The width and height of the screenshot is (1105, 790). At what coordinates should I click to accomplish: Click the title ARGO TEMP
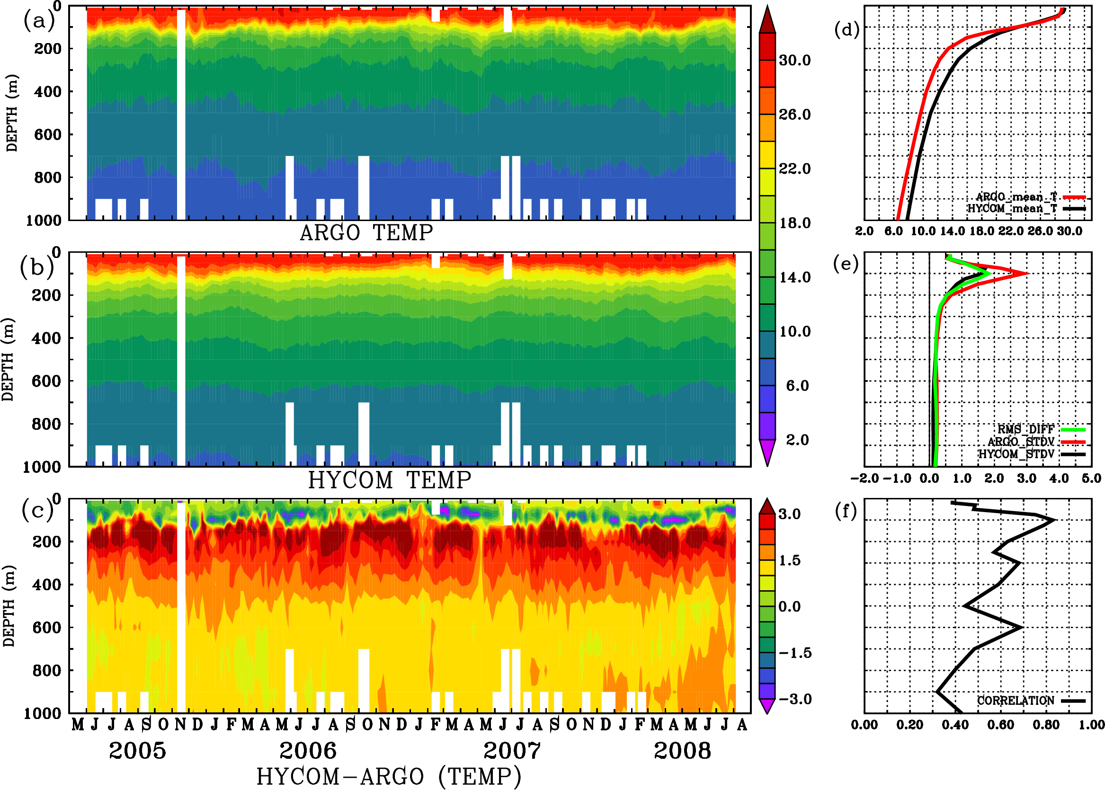pyautogui.click(x=366, y=233)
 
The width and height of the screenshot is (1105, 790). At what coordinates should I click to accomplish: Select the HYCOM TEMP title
pyautogui.click(x=390, y=480)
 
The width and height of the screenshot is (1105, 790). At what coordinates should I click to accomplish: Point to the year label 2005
pyautogui.click(x=137, y=751)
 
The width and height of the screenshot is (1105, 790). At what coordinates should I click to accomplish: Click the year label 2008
pyautogui.click(x=682, y=751)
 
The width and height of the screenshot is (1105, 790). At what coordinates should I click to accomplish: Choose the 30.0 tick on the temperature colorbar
pyautogui.click(x=794, y=60)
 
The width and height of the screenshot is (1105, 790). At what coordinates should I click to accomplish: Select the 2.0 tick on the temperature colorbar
pyautogui.click(x=797, y=440)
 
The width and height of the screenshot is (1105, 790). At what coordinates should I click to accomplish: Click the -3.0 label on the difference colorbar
pyautogui.click(x=795, y=699)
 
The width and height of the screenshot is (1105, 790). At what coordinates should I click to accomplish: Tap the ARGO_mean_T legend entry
pyautogui.click(x=1016, y=197)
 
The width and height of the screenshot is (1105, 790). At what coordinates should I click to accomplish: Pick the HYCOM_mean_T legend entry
pyautogui.click(x=1012, y=209)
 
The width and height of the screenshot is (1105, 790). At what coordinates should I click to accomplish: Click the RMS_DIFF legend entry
pyautogui.click(x=1025, y=429)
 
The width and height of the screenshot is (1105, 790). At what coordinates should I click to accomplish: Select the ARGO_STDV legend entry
pyautogui.click(x=1021, y=442)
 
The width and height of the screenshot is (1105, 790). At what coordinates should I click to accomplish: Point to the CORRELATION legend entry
pyautogui.click(x=1016, y=701)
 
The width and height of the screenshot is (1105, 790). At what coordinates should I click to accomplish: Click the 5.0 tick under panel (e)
pyautogui.click(x=1091, y=479)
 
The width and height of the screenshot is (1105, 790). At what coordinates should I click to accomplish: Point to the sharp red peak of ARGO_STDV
pyautogui.click(x=1028, y=274)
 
